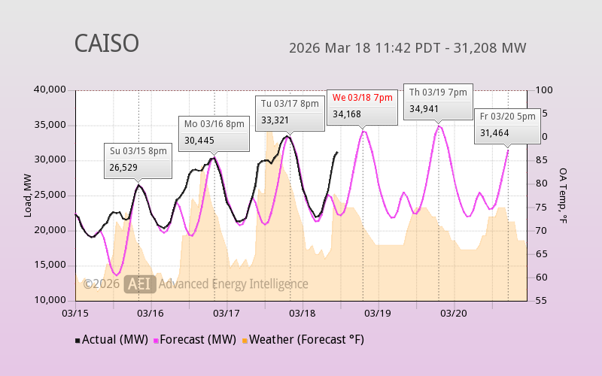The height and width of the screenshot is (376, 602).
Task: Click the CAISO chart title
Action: [106, 44]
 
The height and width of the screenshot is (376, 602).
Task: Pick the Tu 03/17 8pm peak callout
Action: [287, 111]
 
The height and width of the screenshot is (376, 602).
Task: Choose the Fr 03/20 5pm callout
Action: [506, 125]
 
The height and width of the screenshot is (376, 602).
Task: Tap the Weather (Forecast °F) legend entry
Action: [302, 340]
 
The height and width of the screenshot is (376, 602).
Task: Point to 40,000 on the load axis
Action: [50, 90]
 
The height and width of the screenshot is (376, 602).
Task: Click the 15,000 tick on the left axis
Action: [50, 265]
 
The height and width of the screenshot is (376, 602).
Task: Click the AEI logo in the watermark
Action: [141, 284]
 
